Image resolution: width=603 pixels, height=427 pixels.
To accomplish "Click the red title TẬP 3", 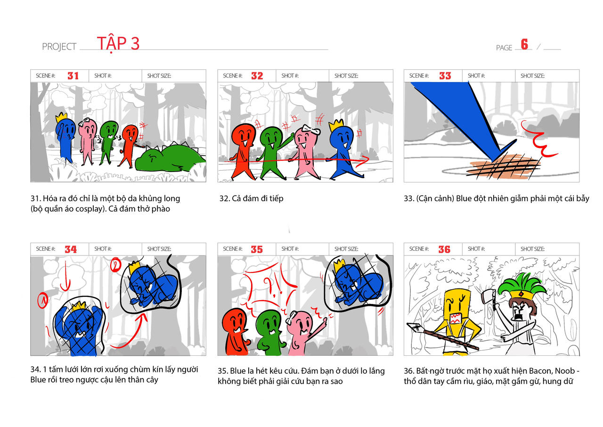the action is point(118,44).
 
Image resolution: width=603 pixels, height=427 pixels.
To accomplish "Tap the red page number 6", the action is point(524,44).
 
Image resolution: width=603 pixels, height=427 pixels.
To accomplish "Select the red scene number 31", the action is point(73,76).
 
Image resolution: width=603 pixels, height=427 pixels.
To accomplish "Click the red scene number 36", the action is point(444,249).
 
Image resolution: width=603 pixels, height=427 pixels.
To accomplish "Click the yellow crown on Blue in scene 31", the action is point(61,117).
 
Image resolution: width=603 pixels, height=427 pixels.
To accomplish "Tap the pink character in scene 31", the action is point(87,140).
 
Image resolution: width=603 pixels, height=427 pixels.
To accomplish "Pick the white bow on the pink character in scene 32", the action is point(310,129).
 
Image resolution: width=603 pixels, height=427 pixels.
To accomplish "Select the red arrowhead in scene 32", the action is point(365,159).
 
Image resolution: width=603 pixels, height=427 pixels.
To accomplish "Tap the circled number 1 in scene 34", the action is point(43,300).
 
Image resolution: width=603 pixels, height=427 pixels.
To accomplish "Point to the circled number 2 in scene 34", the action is point(116,265).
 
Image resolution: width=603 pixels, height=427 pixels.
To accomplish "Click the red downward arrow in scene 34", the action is point(65,276).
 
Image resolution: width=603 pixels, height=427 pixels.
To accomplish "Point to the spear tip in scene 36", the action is point(414,327).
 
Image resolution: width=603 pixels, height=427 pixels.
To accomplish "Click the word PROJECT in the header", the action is point(59,47).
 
